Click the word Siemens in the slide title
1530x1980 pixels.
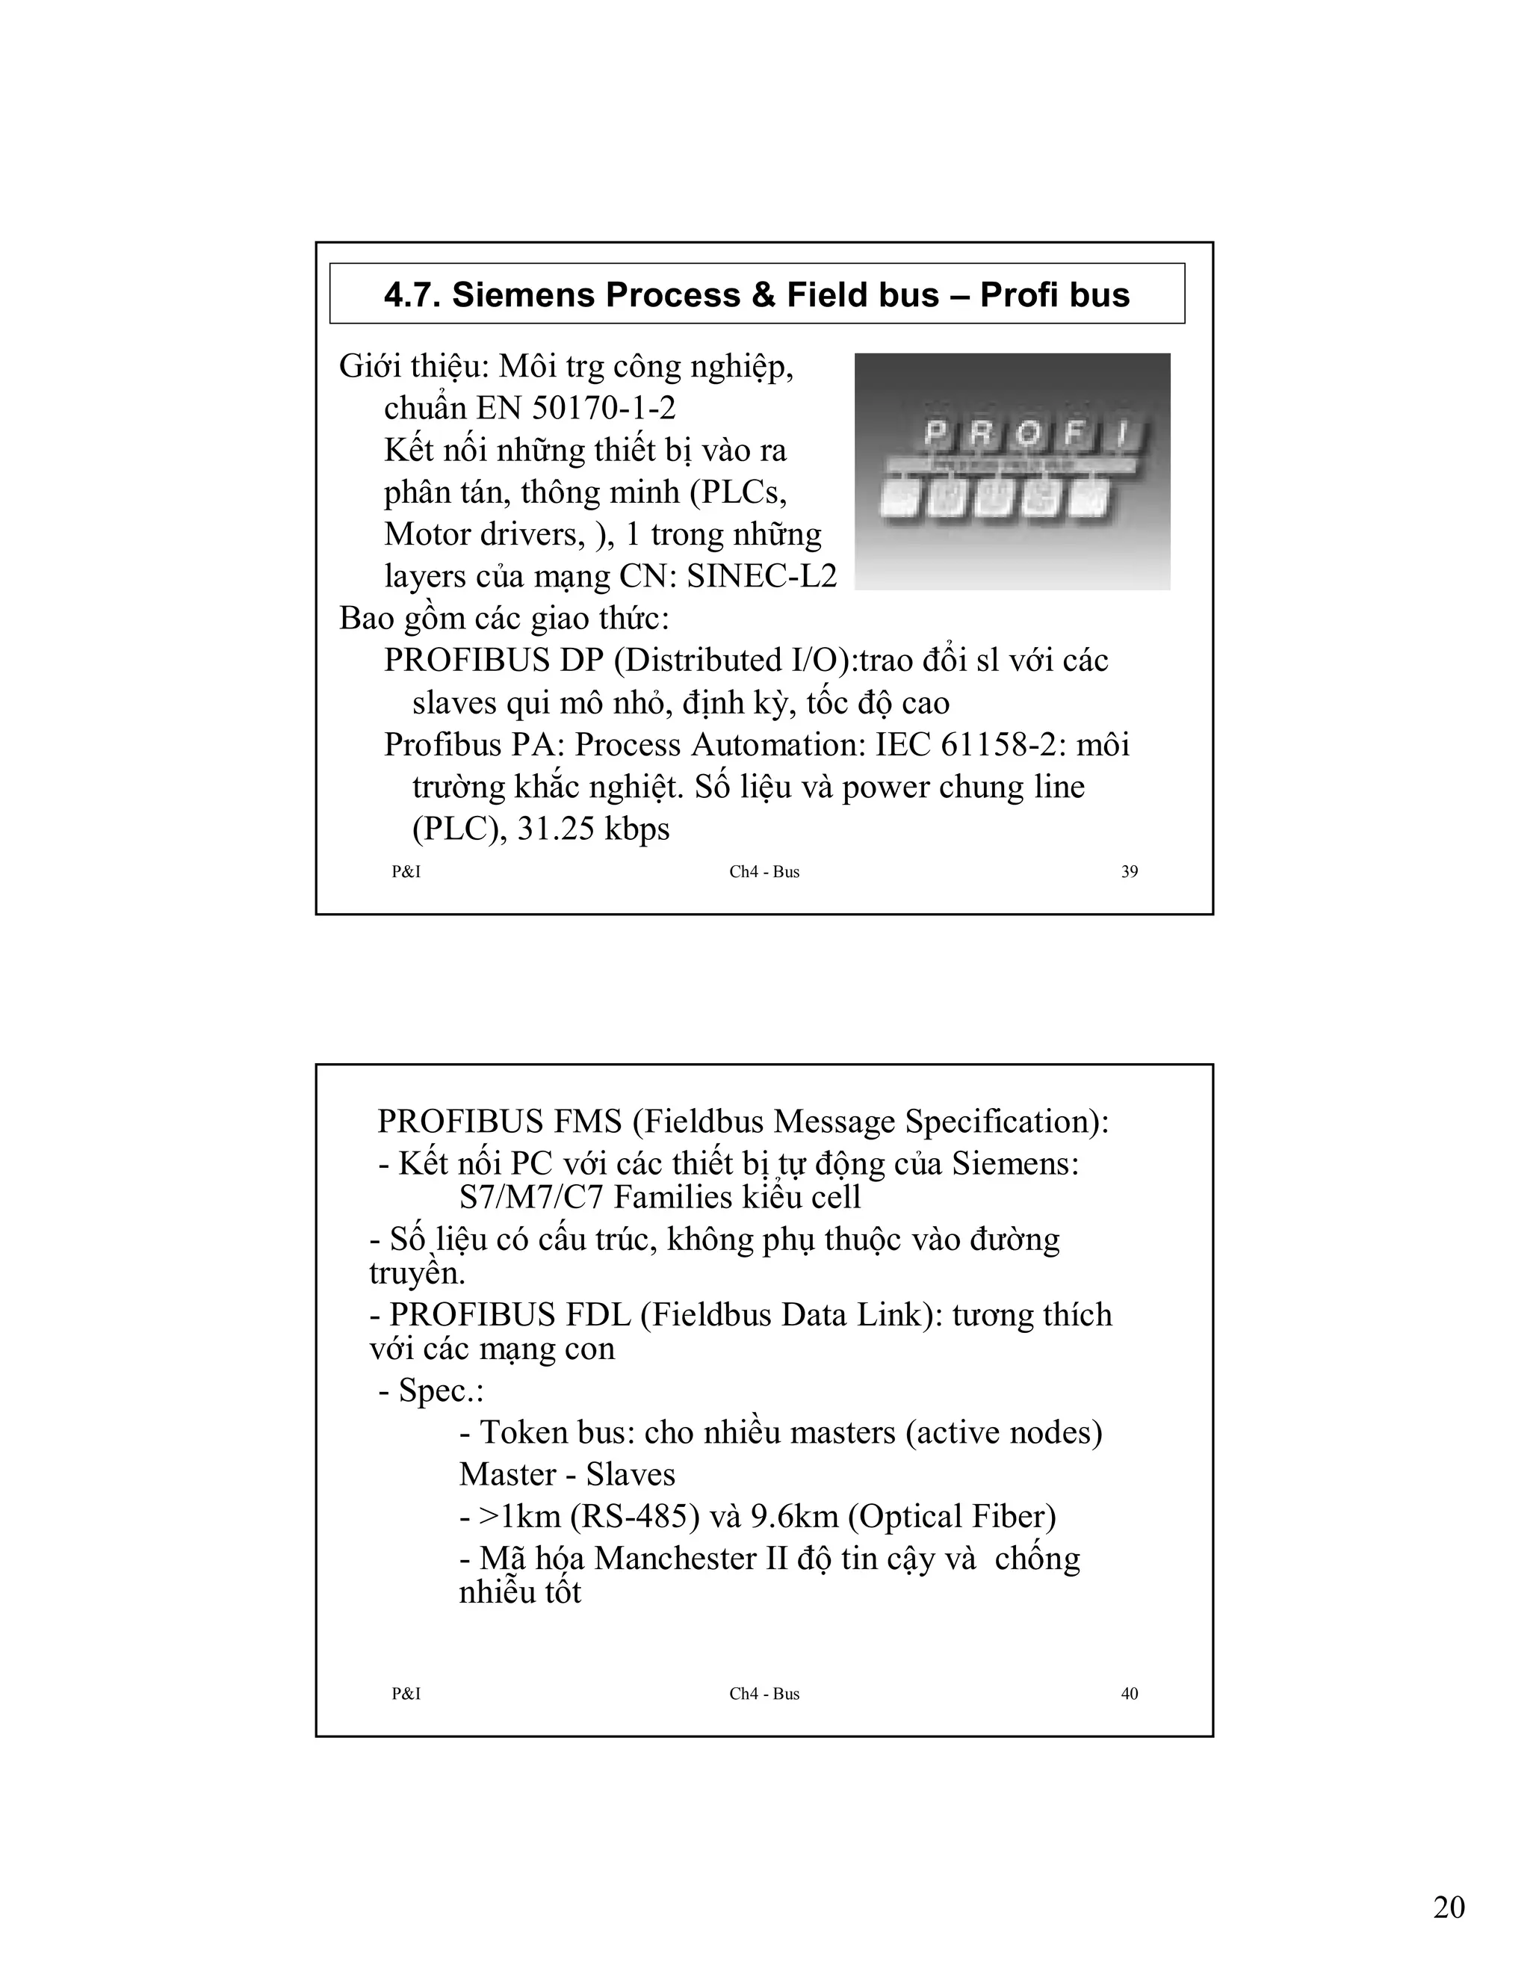tap(520, 296)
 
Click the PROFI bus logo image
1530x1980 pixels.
tap(1012, 471)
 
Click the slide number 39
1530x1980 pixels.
tap(1130, 872)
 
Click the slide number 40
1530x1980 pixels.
tap(1130, 1694)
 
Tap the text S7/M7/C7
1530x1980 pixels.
tap(532, 1198)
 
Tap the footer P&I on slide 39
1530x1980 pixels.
tap(406, 872)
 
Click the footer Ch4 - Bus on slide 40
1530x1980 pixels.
tap(764, 1694)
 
